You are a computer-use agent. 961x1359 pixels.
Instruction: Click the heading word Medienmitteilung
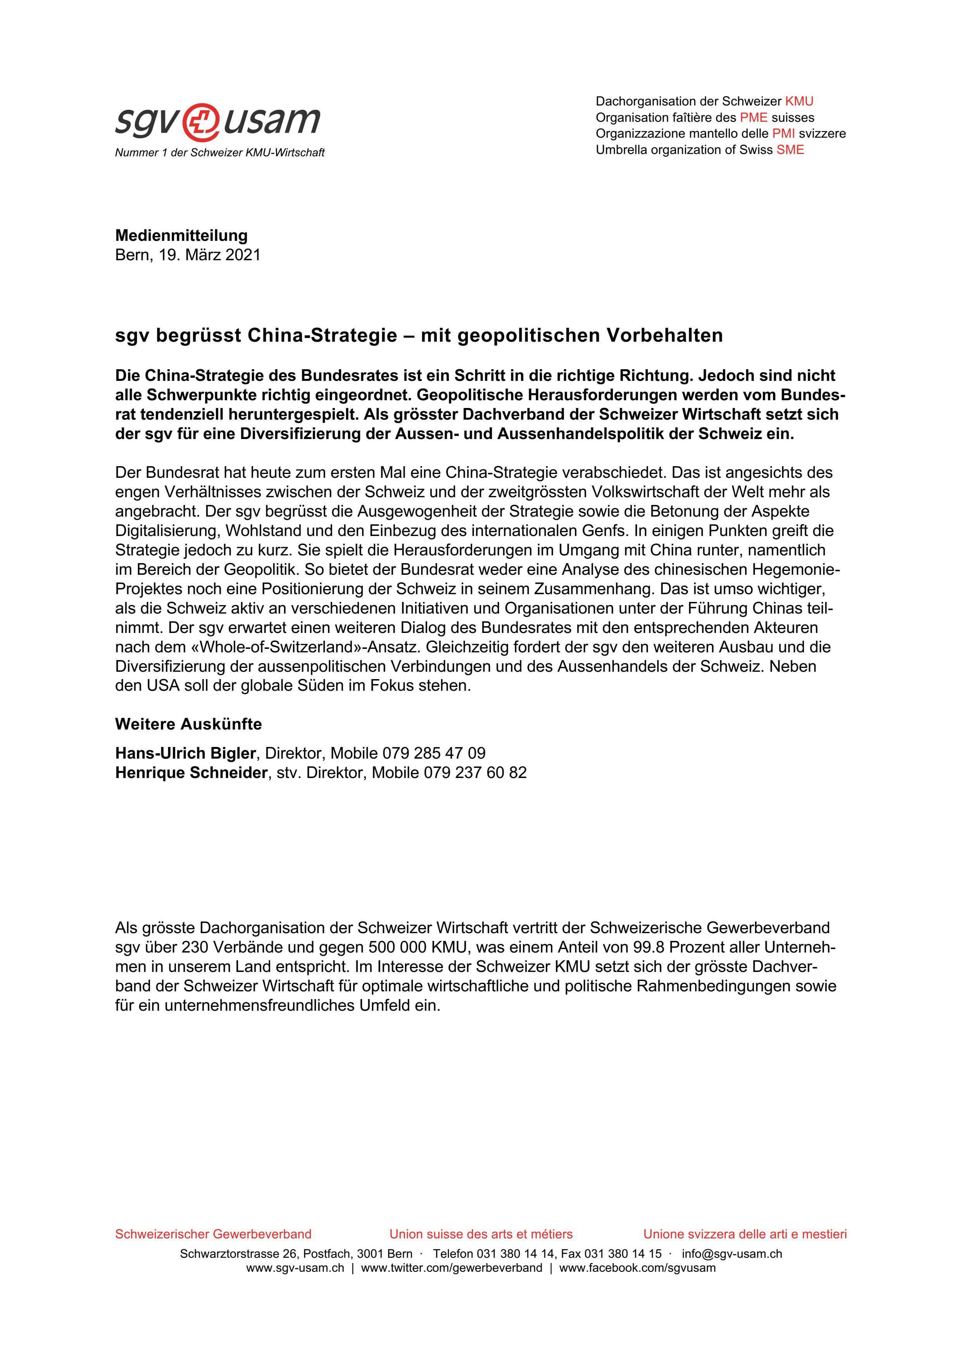click(x=181, y=235)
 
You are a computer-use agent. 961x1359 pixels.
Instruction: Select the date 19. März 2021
click(x=209, y=255)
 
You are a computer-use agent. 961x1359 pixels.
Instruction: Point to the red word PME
click(x=753, y=117)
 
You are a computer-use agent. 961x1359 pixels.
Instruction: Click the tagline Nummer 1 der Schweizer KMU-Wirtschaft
click(x=219, y=153)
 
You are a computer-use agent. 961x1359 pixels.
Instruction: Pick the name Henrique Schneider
click(x=191, y=773)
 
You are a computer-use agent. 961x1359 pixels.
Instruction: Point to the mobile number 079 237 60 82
click(x=474, y=773)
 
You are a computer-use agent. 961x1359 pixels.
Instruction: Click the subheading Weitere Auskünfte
click(x=188, y=724)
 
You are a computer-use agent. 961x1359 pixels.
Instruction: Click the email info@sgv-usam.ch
click(x=732, y=1253)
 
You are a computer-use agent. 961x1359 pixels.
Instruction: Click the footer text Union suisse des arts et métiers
click(x=481, y=1234)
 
